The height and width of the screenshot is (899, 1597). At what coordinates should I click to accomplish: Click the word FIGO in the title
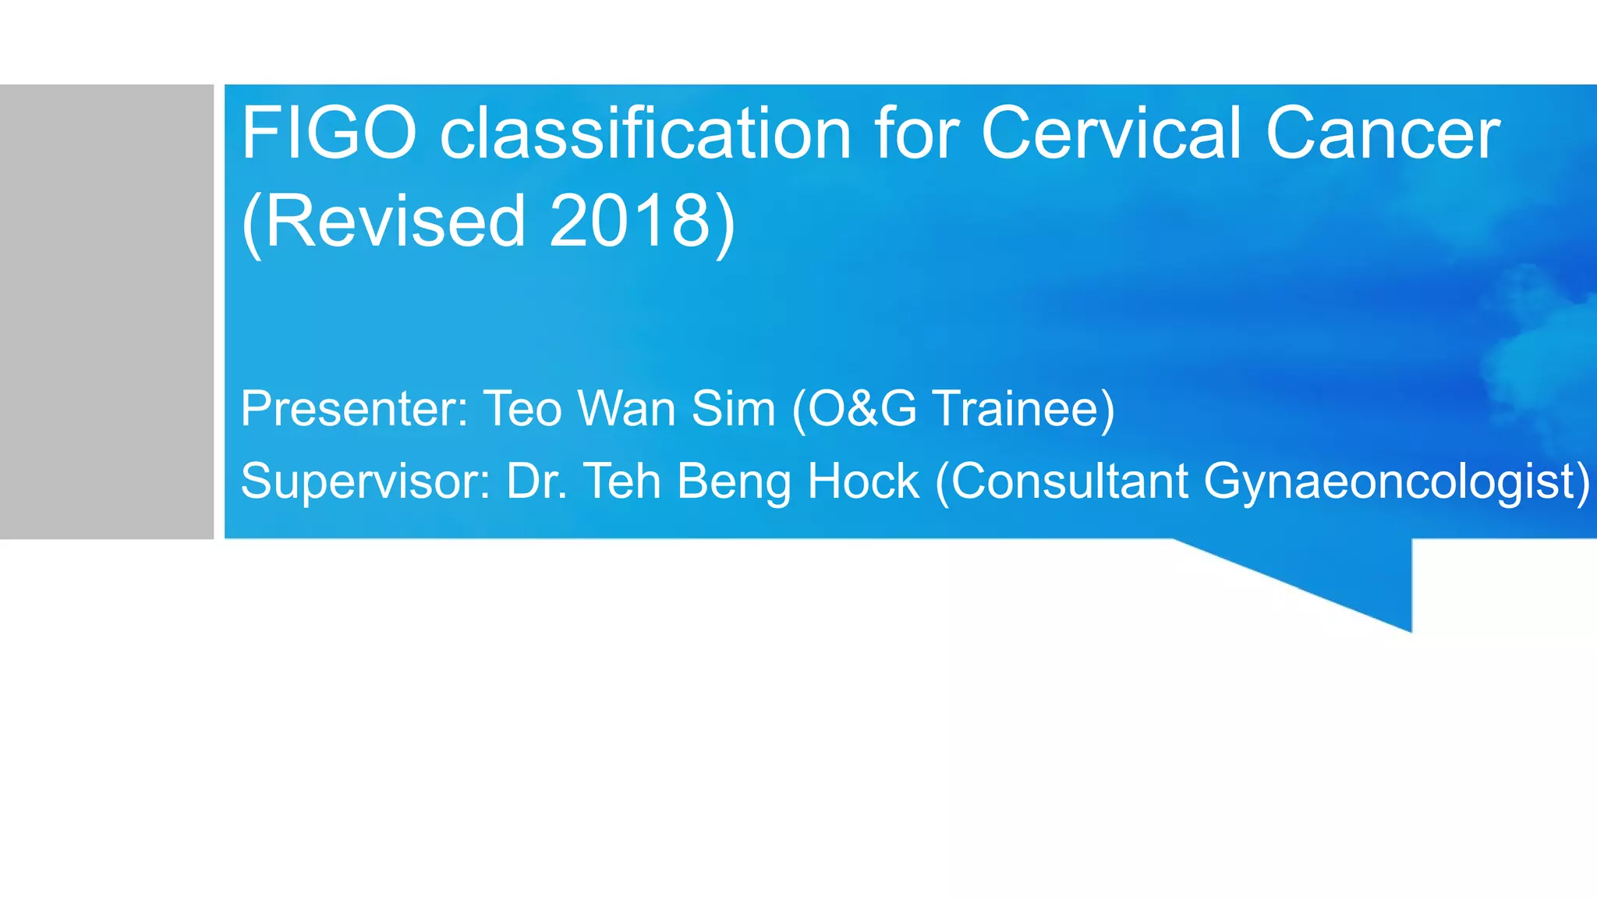tap(329, 133)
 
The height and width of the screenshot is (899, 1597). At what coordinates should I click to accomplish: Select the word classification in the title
tap(646, 133)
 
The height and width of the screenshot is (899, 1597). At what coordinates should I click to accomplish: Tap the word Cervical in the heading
tap(1110, 133)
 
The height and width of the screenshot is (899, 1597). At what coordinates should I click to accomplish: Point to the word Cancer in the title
tap(1382, 133)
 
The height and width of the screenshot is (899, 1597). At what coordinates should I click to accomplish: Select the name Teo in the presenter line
tap(522, 408)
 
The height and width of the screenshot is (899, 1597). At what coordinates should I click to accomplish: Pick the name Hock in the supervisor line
tap(863, 481)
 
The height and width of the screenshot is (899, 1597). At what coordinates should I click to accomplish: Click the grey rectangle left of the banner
tap(107, 311)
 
